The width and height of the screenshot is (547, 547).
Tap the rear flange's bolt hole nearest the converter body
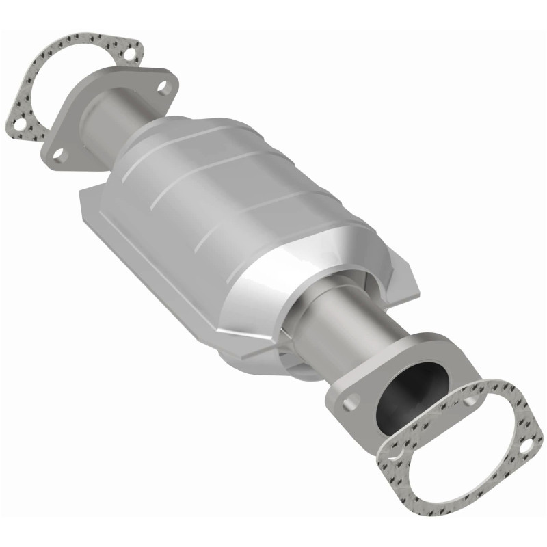[x=162, y=87]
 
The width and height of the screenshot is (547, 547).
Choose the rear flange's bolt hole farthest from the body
[x=59, y=155]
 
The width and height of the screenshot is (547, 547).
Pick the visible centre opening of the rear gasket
[x=55, y=82]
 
